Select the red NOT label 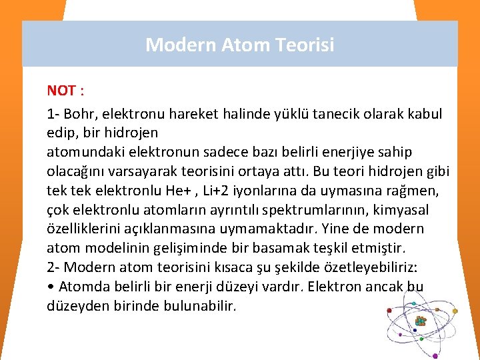pyautogui.click(x=61, y=91)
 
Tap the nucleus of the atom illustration pyautogui.click(x=421, y=321)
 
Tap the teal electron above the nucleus pyautogui.click(x=414, y=304)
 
